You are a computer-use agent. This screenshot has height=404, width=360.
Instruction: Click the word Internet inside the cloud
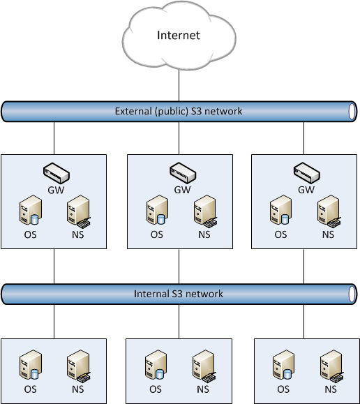tap(179, 36)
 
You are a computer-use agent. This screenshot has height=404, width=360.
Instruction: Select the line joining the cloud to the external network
tap(179, 85)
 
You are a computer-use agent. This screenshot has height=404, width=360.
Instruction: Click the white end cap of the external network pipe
tap(352, 112)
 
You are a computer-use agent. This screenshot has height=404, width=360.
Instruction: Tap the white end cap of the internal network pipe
tap(352, 294)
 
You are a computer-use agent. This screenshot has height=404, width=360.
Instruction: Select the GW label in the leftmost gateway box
tap(56, 190)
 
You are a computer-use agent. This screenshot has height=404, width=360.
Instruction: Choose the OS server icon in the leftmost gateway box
tap(31, 210)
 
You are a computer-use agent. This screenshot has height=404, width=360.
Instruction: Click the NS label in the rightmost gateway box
tap(328, 234)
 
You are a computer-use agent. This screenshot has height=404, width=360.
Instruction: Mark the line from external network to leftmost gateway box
tap(54, 138)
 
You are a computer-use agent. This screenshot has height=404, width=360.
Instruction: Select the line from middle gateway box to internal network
tap(179, 267)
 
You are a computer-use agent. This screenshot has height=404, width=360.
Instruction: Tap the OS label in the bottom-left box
tap(30, 389)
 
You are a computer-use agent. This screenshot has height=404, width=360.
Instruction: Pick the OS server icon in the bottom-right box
tap(283, 365)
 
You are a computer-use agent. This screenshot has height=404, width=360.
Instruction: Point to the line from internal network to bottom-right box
tap(303, 322)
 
